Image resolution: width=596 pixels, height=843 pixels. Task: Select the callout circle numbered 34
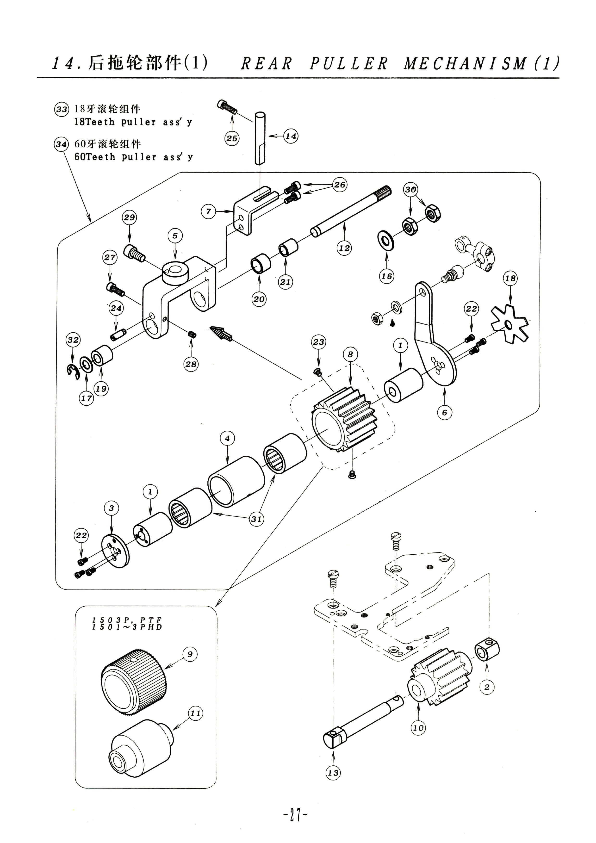61,144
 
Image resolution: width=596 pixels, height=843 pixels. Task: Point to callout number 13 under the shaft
333,773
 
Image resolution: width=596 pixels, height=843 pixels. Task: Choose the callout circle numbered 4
227,438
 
